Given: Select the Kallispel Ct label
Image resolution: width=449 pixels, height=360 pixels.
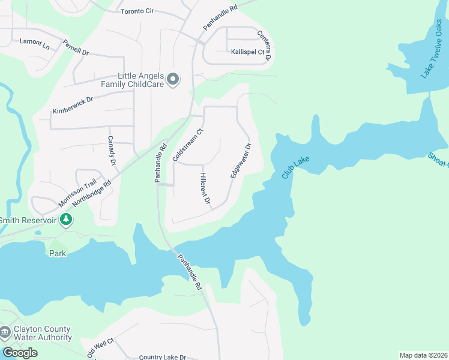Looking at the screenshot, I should pyautogui.click(x=248, y=52).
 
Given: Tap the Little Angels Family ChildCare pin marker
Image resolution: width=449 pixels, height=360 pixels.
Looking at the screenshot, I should pyautogui.click(x=173, y=79).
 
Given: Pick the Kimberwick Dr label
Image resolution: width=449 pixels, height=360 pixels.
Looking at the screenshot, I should pyautogui.click(x=71, y=103).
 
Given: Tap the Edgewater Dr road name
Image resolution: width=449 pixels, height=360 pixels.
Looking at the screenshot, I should pyautogui.click(x=240, y=160).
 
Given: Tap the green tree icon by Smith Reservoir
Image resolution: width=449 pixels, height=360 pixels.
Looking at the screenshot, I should pyautogui.click(x=67, y=220).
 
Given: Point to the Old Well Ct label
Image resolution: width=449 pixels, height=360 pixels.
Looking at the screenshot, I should pyautogui.click(x=100, y=348).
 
